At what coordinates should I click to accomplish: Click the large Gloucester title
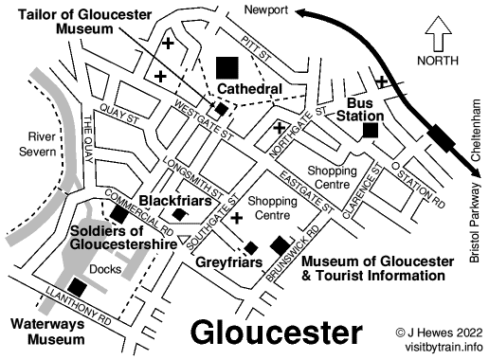pyautogui.click(x=276, y=332)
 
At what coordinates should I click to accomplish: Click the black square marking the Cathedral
pyautogui.click(x=227, y=67)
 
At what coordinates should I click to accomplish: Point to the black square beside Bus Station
pyautogui.click(x=371, y=131)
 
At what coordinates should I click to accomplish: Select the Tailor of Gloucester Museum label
pyautogui.click(x=64, y=20)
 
